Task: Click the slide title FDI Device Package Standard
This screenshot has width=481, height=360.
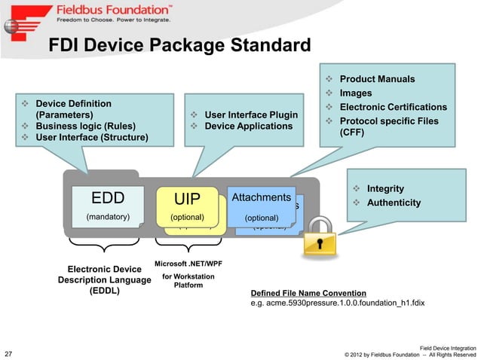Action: [179, 47]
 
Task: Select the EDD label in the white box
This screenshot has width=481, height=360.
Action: [107, 198]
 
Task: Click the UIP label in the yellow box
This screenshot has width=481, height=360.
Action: [187, 200]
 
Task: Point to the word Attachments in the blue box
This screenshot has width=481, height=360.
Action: [261, 197]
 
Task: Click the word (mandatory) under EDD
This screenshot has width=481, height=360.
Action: [107, 217]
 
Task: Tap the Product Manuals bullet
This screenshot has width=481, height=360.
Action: [376, 79]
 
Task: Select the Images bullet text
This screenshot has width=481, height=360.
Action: [356, 93]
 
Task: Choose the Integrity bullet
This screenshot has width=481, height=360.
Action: [384, 188]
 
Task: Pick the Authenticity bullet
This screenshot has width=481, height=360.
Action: [393, 203]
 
